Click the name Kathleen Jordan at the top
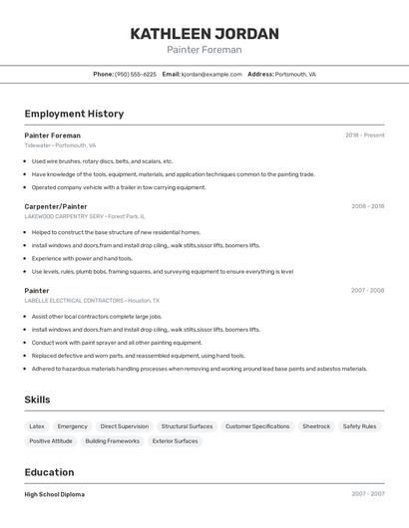[x=204, y=34]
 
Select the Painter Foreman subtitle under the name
[x=204, y=50]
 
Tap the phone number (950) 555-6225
[x=136, y=74]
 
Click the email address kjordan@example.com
[x=212, y=74]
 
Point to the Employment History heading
[x=74, y=114]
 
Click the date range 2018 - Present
[x=365, y=135]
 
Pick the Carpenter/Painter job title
[x=56, y=206]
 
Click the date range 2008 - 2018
[x=368, y=206]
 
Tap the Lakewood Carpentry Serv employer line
[x=85, y=216]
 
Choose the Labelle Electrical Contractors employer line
[x=92, y=300]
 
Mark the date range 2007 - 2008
[x=368, y=291]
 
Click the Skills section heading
[x=38, y=399]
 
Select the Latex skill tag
[x=37, y=426]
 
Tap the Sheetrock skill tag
[x=316, y=426]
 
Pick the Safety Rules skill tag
[x=359, y=426]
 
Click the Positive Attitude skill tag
[x=51, y=441]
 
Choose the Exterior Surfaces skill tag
[x=176, y=441]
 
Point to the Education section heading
[x=49, y=472]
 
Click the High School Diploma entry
[x=55, y=494]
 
